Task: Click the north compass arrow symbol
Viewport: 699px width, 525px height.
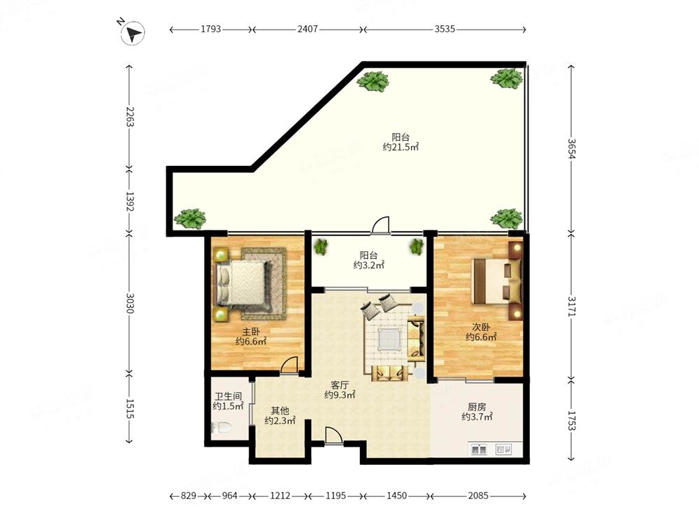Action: [x=132, y=33]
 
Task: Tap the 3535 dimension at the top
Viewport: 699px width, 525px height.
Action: [x=445, y=29]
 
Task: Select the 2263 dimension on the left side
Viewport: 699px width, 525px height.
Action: [x=129, y=116]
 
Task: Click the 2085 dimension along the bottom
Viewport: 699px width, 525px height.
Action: [x=478, y=496]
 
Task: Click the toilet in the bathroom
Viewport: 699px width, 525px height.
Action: [x=222, y=428]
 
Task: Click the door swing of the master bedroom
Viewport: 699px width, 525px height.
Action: [x=289, y=365]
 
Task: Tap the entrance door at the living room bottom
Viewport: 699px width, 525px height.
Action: [x=333, y=435]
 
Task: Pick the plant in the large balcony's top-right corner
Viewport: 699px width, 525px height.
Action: [x=507, y=78]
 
